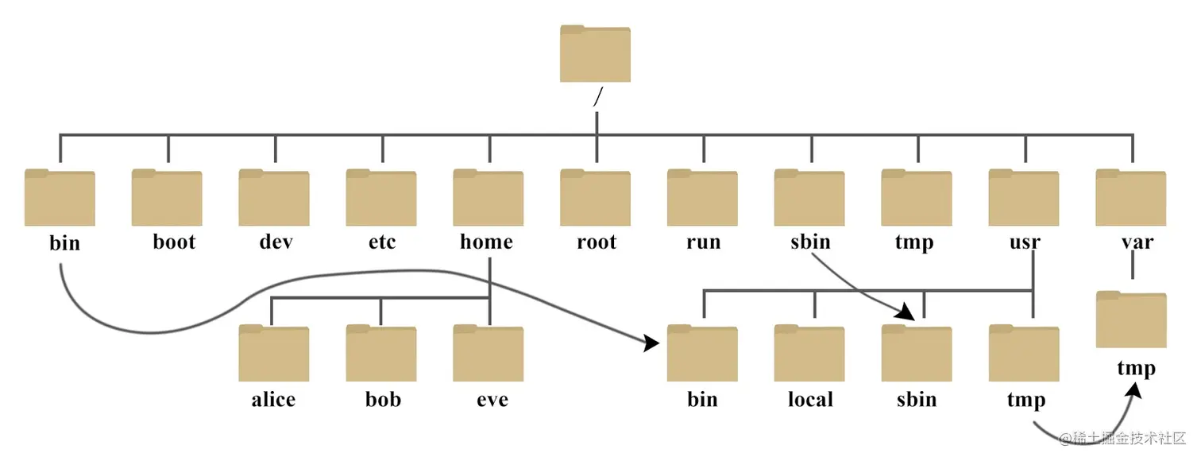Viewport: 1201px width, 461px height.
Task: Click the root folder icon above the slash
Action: [x=595, y=54]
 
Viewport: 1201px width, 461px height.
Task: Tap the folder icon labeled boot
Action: [x=167, y=198]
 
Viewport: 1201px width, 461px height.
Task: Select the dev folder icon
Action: [x=274, y=198]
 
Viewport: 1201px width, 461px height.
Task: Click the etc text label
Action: [x=382, y=242]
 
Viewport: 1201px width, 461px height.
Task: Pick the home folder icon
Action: [x=489, y=198]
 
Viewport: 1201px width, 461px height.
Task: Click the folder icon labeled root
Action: [x=595, y=198]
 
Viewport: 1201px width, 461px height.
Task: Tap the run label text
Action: [x=703, y=242]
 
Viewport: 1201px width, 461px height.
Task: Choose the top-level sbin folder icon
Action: [x=809, y=198]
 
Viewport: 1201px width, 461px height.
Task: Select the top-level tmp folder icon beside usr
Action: [x=917, y=198]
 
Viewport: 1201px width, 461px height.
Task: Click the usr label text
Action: [x=1025, y=242]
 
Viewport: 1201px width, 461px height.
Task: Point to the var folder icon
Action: [x=1131, y=198]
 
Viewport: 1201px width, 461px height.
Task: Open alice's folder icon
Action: [x=274, y=354]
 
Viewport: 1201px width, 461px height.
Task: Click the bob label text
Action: [x=382, y=398]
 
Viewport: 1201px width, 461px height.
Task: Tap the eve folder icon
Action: [x=489, y=354]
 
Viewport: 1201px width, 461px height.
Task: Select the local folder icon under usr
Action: [x=809, y=354]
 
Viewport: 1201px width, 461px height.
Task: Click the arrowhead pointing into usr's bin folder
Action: [x=652, y=343]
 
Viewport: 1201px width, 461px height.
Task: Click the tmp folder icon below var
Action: [x=1131, y=320]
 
